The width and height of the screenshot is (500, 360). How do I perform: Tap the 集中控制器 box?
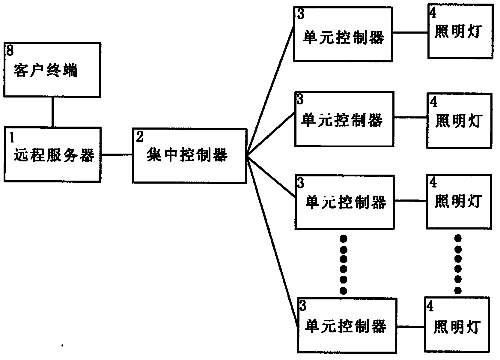(x=189, y=155)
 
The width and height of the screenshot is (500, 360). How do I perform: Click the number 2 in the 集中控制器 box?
(x=140, y=137)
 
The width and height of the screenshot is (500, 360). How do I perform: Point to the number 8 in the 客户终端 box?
(x=10, y=51)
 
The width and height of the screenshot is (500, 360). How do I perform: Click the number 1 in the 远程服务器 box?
(x=12, y=137)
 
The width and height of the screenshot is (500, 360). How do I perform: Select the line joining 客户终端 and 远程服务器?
(x=52, y=112)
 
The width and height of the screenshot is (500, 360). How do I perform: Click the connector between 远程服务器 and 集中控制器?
(x=117, y=155)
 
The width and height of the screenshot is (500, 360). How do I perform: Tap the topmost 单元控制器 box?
(x=343, y=34)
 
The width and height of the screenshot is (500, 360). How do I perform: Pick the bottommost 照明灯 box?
(x=457, y=324)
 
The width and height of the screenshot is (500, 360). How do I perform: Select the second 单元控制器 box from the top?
(x=344, y=119)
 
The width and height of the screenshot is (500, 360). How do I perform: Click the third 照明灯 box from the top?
(x=459, y=202)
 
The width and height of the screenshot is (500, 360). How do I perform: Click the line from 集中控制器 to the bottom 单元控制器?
(x=271, y=240)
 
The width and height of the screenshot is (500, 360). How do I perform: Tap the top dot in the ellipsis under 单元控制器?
(x=343, y=239)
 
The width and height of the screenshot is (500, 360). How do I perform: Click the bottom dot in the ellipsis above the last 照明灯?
(x=458, y=290)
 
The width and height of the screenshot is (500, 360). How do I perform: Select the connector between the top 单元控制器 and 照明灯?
(x=410, y=32)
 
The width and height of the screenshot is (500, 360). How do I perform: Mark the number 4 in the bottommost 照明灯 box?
(x=430, y=307)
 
